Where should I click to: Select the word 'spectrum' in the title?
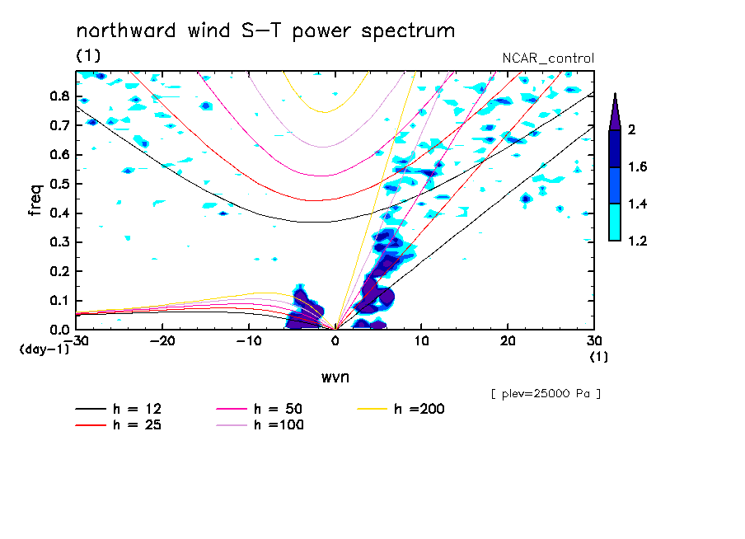(x=415, y=32)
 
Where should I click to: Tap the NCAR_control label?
(x=548, y=59)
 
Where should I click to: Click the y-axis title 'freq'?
(x=35, y=199)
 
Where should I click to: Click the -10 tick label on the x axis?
(x=249, y=341)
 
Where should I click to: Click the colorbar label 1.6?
(x=637, y=167)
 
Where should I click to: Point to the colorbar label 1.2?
(x=637, y=241)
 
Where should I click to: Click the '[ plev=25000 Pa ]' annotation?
(x=546, y=395)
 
